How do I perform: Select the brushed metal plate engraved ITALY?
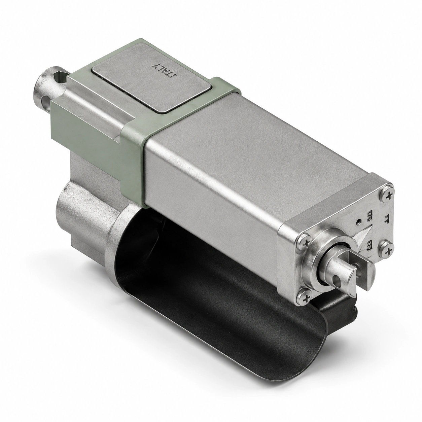(x=151, y=77)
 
